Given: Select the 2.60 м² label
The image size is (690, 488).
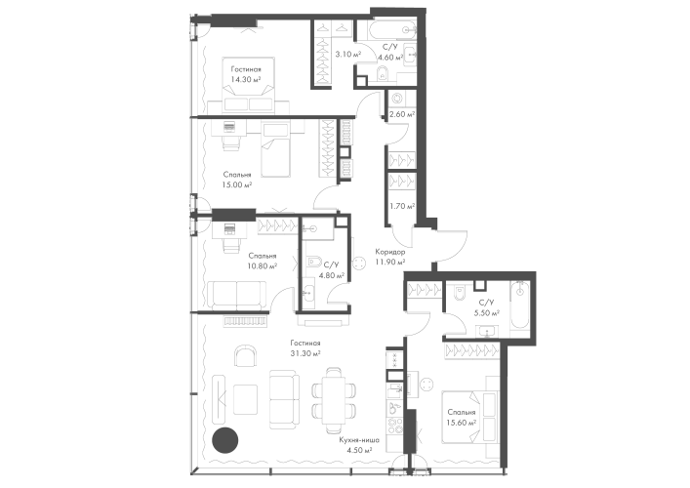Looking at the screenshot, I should click(400, 113).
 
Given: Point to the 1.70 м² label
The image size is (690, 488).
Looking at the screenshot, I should click(397, 205).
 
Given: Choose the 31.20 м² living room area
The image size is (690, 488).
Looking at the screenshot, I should click(304, 353).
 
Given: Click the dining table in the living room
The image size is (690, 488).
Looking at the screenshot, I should click(332, 396).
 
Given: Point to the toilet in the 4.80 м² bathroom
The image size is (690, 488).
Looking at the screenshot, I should click(312, 262).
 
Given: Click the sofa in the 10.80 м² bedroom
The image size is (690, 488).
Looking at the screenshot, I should click(236, 293).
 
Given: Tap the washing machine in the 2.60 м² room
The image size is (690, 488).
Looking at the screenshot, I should click(398, 99).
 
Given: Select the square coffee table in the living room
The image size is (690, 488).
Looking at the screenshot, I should click(244, 396).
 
